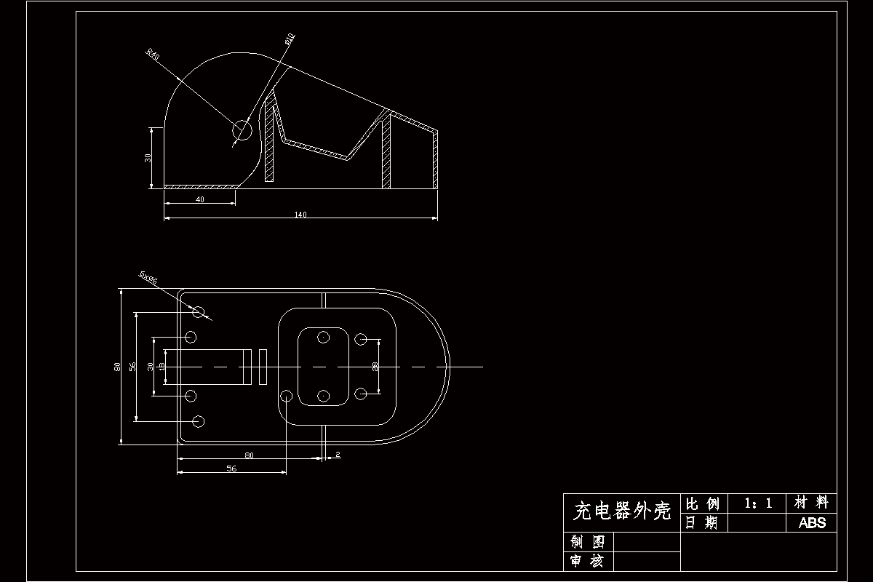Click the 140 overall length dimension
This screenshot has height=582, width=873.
300,214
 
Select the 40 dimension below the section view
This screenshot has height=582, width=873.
199,199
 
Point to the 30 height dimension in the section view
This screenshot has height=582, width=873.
148,157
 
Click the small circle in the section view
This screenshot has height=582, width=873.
242,130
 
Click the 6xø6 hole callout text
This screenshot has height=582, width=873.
148,277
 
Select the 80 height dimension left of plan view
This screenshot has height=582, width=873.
117,367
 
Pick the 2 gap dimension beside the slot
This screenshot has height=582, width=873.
338,455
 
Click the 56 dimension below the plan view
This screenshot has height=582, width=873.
231,469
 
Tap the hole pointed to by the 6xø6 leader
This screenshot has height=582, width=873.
198,311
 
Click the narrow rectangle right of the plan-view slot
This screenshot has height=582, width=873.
263,367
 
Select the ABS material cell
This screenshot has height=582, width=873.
812,522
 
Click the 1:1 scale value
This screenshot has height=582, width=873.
757,503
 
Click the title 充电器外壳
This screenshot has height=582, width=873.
621,511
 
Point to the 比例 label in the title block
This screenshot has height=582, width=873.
702,503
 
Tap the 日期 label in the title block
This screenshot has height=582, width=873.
702,522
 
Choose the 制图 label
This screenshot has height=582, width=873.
588,542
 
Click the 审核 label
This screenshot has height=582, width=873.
588,561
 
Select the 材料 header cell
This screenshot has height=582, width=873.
812,503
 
